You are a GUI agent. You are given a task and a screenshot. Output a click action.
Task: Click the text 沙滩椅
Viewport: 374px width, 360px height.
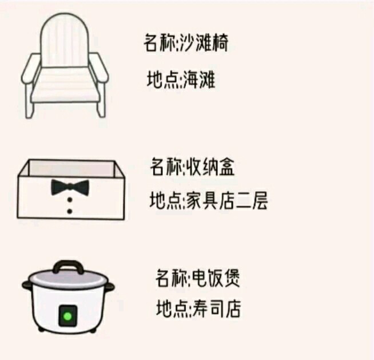[204, 43]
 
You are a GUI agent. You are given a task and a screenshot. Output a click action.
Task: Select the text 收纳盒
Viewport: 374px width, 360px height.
[210, 167]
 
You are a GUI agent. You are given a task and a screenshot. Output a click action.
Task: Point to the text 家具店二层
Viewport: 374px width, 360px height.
[226, 200]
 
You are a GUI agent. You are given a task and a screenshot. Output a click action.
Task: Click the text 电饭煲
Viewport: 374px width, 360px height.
[216, 278]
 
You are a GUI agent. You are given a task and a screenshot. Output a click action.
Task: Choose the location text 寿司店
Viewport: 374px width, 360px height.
[216, 308]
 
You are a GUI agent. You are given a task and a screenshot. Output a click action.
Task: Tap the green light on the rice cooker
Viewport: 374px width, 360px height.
[67, 317]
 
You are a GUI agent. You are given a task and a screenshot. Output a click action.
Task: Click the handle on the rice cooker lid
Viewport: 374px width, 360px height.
[68, 267]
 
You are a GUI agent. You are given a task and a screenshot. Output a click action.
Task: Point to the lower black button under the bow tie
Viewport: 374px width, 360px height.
[70, 211]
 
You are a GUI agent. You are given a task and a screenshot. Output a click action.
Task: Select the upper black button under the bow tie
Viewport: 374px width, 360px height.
[70, 199]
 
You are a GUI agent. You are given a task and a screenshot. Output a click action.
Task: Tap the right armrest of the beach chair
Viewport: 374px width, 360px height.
[98, 68]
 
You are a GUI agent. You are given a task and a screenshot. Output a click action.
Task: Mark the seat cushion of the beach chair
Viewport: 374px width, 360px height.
[65, 85]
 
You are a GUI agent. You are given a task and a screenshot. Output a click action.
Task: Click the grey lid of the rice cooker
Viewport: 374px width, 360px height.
[68, 279]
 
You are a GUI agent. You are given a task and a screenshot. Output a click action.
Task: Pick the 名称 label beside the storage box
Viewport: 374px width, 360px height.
[167, 167]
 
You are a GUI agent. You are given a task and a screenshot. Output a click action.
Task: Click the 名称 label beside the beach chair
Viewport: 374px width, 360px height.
[160, 43]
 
